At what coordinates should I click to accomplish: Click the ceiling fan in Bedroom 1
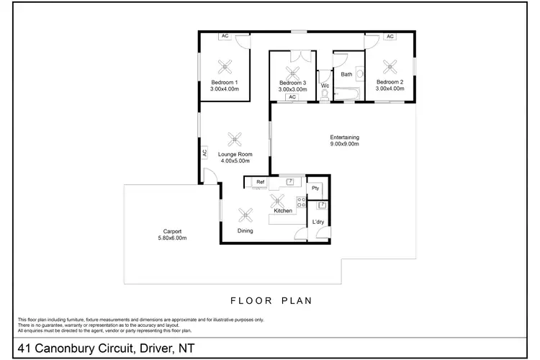(224, 67)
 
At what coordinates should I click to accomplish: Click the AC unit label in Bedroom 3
(292, 96)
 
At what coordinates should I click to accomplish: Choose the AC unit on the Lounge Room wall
(204, 153)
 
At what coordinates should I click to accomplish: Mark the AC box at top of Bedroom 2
(390, 36)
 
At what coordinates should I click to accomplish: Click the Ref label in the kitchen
(260, 182)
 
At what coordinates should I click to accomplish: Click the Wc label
(325, 86)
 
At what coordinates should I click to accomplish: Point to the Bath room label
(346, 74)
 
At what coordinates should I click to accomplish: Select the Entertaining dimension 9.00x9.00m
(344, 144)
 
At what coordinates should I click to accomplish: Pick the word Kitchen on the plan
(282, 211)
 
